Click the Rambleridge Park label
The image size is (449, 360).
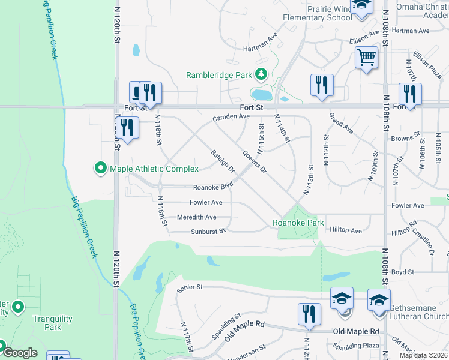point(220,75)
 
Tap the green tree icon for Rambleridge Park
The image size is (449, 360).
point(261,75)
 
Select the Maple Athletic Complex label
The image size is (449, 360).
point(154,169)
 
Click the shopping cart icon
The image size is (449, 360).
point(366,58)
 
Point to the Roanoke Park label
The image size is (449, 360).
point(298,223)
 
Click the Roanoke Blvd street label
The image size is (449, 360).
point(212,187)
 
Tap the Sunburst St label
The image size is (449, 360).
point(208,231)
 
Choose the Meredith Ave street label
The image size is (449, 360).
point(196,217)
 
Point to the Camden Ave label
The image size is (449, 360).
point(231,118)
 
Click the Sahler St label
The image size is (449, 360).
point(191,288)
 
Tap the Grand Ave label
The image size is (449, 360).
point(341,122)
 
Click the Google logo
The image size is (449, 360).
point(19,353)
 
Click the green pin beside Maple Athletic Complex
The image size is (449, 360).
point(101,169)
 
